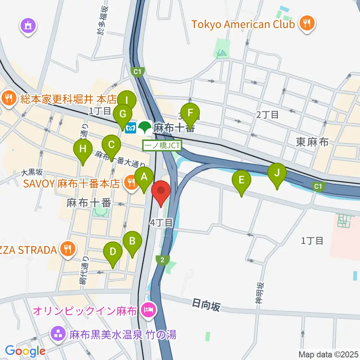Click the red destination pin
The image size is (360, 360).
pos(161,192)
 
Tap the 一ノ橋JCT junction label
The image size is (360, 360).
pos(162,145)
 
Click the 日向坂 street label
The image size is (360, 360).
pos(206,306)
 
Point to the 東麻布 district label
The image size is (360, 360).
pos(312,142)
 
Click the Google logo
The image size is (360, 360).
pos(25,351)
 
